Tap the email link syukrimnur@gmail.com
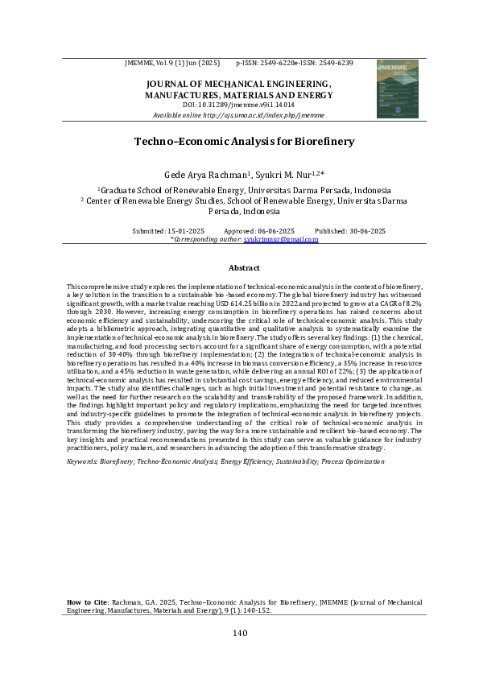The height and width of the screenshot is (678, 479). (288, 239)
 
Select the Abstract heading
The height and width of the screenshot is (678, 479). (244, 267)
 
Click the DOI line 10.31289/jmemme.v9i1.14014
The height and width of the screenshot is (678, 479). (238, 105)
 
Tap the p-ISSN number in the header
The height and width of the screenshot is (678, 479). (272, 62)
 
